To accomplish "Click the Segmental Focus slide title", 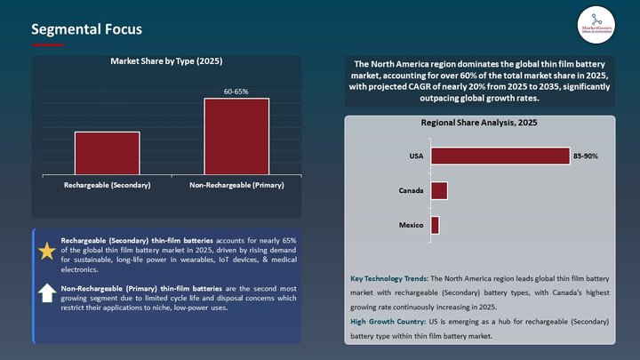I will click(x=86, y=29).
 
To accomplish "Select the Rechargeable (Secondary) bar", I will click(x=107, y=153).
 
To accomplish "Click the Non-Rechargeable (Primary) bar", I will click(x=236, y=136).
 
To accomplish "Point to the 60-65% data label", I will click(x=236, y=91).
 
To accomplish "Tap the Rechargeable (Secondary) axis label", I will click(x=108, y=185).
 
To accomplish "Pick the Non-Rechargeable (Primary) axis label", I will click(x=236, y=185).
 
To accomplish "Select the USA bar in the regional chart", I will click(x=500, y=156).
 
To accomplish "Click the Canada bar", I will click(x=439, y=190).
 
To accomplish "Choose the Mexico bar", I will click(x=435, y=225).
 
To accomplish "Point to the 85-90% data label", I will click(x=586, y=156).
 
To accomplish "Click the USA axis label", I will click(x=416, y=156).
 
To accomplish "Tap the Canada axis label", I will click(x=410, y=190).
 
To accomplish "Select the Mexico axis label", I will click(x=411, y=225).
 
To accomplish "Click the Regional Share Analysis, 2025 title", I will click(x=479, y=123).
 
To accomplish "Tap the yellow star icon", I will click(x=47, y=252).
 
